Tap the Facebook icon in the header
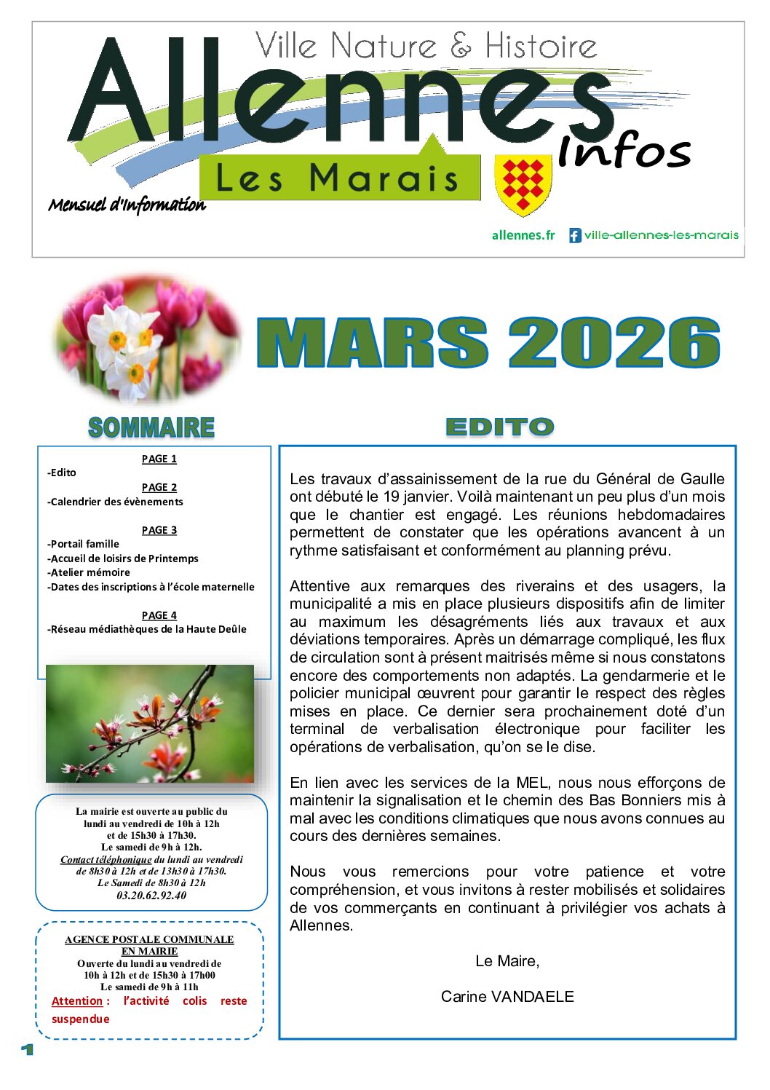(x=575, y=235)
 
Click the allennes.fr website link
(x=523, y=235)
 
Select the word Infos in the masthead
(x=624, y=151)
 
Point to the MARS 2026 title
(x=488, y=342)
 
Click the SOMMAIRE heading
(x=151, y=427)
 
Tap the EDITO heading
(x=499, y=427)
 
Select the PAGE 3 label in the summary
(x=159, y=530)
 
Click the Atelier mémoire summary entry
(x=90, y=572)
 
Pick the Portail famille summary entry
(x=84, y=544)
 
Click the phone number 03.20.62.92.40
(x=151, y=896)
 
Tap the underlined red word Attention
(x=77, y=1001)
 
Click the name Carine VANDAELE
(x=507, y=996)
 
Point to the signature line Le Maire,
(x=507, y=961)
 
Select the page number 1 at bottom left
(x=28, y=1049)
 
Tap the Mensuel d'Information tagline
(x=127, y=205)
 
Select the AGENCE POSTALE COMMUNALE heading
(x=149, y=939)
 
